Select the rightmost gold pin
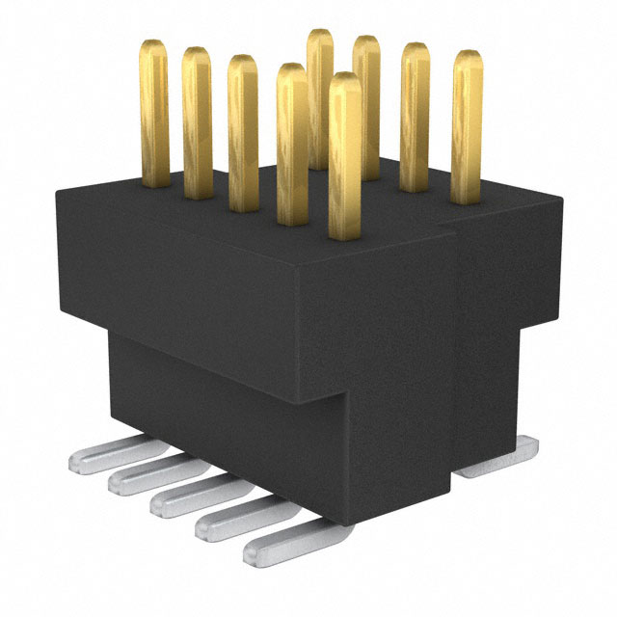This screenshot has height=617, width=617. pyautogui.click(x=467, y=125)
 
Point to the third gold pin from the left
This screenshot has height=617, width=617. pyautogui.click(x=242, y=130)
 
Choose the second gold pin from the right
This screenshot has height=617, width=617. pyautogui.click(x=415, y=116)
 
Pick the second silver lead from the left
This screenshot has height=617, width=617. pyautogui.click(x=145, y=474)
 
